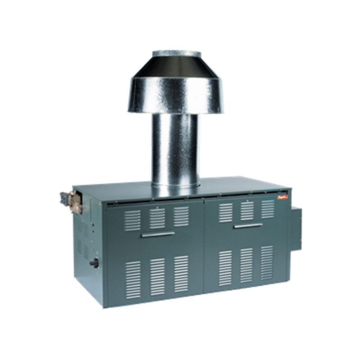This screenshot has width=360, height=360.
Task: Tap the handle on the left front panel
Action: coord(157,234)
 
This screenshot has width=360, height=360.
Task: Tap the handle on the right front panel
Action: coord(248,225)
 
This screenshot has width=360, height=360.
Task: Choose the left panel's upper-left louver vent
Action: coord(132,220)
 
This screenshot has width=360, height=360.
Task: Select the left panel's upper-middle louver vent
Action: coord(157,218)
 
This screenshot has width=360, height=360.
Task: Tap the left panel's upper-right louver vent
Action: coord(181,216)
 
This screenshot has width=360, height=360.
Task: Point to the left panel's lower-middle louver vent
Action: coord(157,276)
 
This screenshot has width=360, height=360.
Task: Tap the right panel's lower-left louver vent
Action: coord(225,268)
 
